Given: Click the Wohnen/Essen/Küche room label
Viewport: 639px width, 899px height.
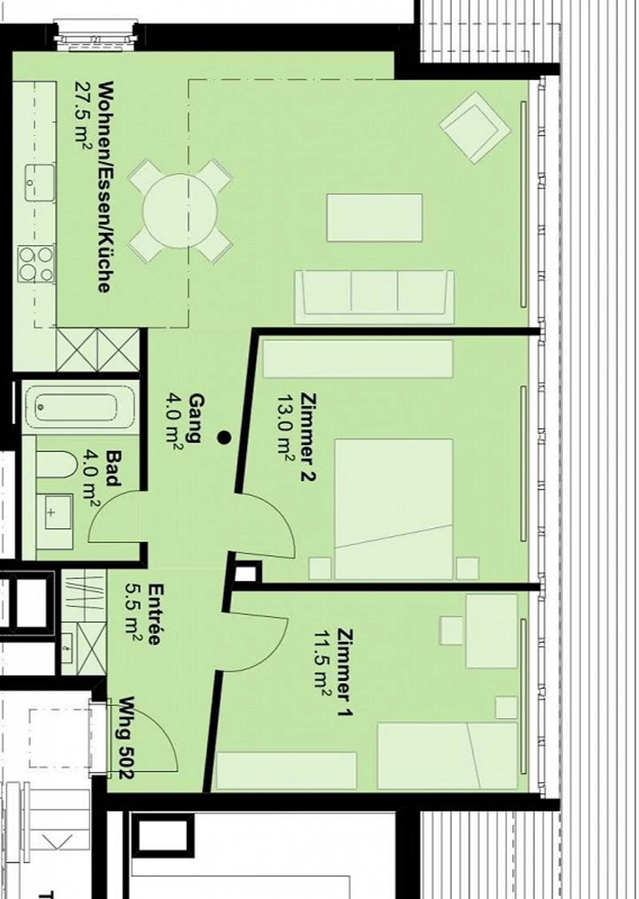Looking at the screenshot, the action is tap(104, 187).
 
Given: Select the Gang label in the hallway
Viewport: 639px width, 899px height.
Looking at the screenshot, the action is tap(197, 418).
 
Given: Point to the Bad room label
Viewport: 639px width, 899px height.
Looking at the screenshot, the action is tap(113, 468).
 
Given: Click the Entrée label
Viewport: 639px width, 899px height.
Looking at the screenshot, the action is tap(154, 614).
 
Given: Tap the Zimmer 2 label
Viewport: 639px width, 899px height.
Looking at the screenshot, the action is tap(308, 437).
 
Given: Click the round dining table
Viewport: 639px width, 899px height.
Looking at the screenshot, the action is tap(180, 211).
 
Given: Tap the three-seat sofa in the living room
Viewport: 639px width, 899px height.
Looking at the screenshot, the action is tap(375, 297).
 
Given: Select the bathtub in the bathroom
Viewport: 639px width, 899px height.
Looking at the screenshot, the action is tap(79, 407).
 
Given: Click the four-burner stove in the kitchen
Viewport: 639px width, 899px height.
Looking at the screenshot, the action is tap(36, 264).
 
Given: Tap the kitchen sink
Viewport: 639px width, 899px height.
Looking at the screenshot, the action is tap(40, 182).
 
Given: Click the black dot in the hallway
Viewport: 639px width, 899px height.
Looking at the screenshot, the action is tap(224, 438).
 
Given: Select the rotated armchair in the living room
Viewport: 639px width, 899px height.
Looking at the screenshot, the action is tap(475, 127).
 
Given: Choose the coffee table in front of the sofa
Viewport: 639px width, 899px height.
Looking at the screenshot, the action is tap(375, 218).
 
